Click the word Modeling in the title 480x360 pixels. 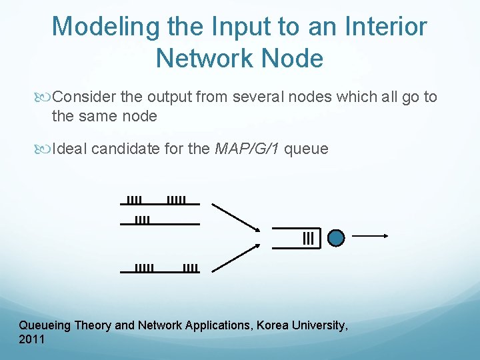[106, 27]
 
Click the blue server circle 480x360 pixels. [337, 238]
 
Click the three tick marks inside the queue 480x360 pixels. [308, 238]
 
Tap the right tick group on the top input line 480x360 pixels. [175, 199]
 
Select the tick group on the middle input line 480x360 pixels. [142, 219]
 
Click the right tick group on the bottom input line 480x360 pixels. [190, 268]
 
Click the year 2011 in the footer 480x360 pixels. [32, 340]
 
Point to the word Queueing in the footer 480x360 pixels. [45, 326]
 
